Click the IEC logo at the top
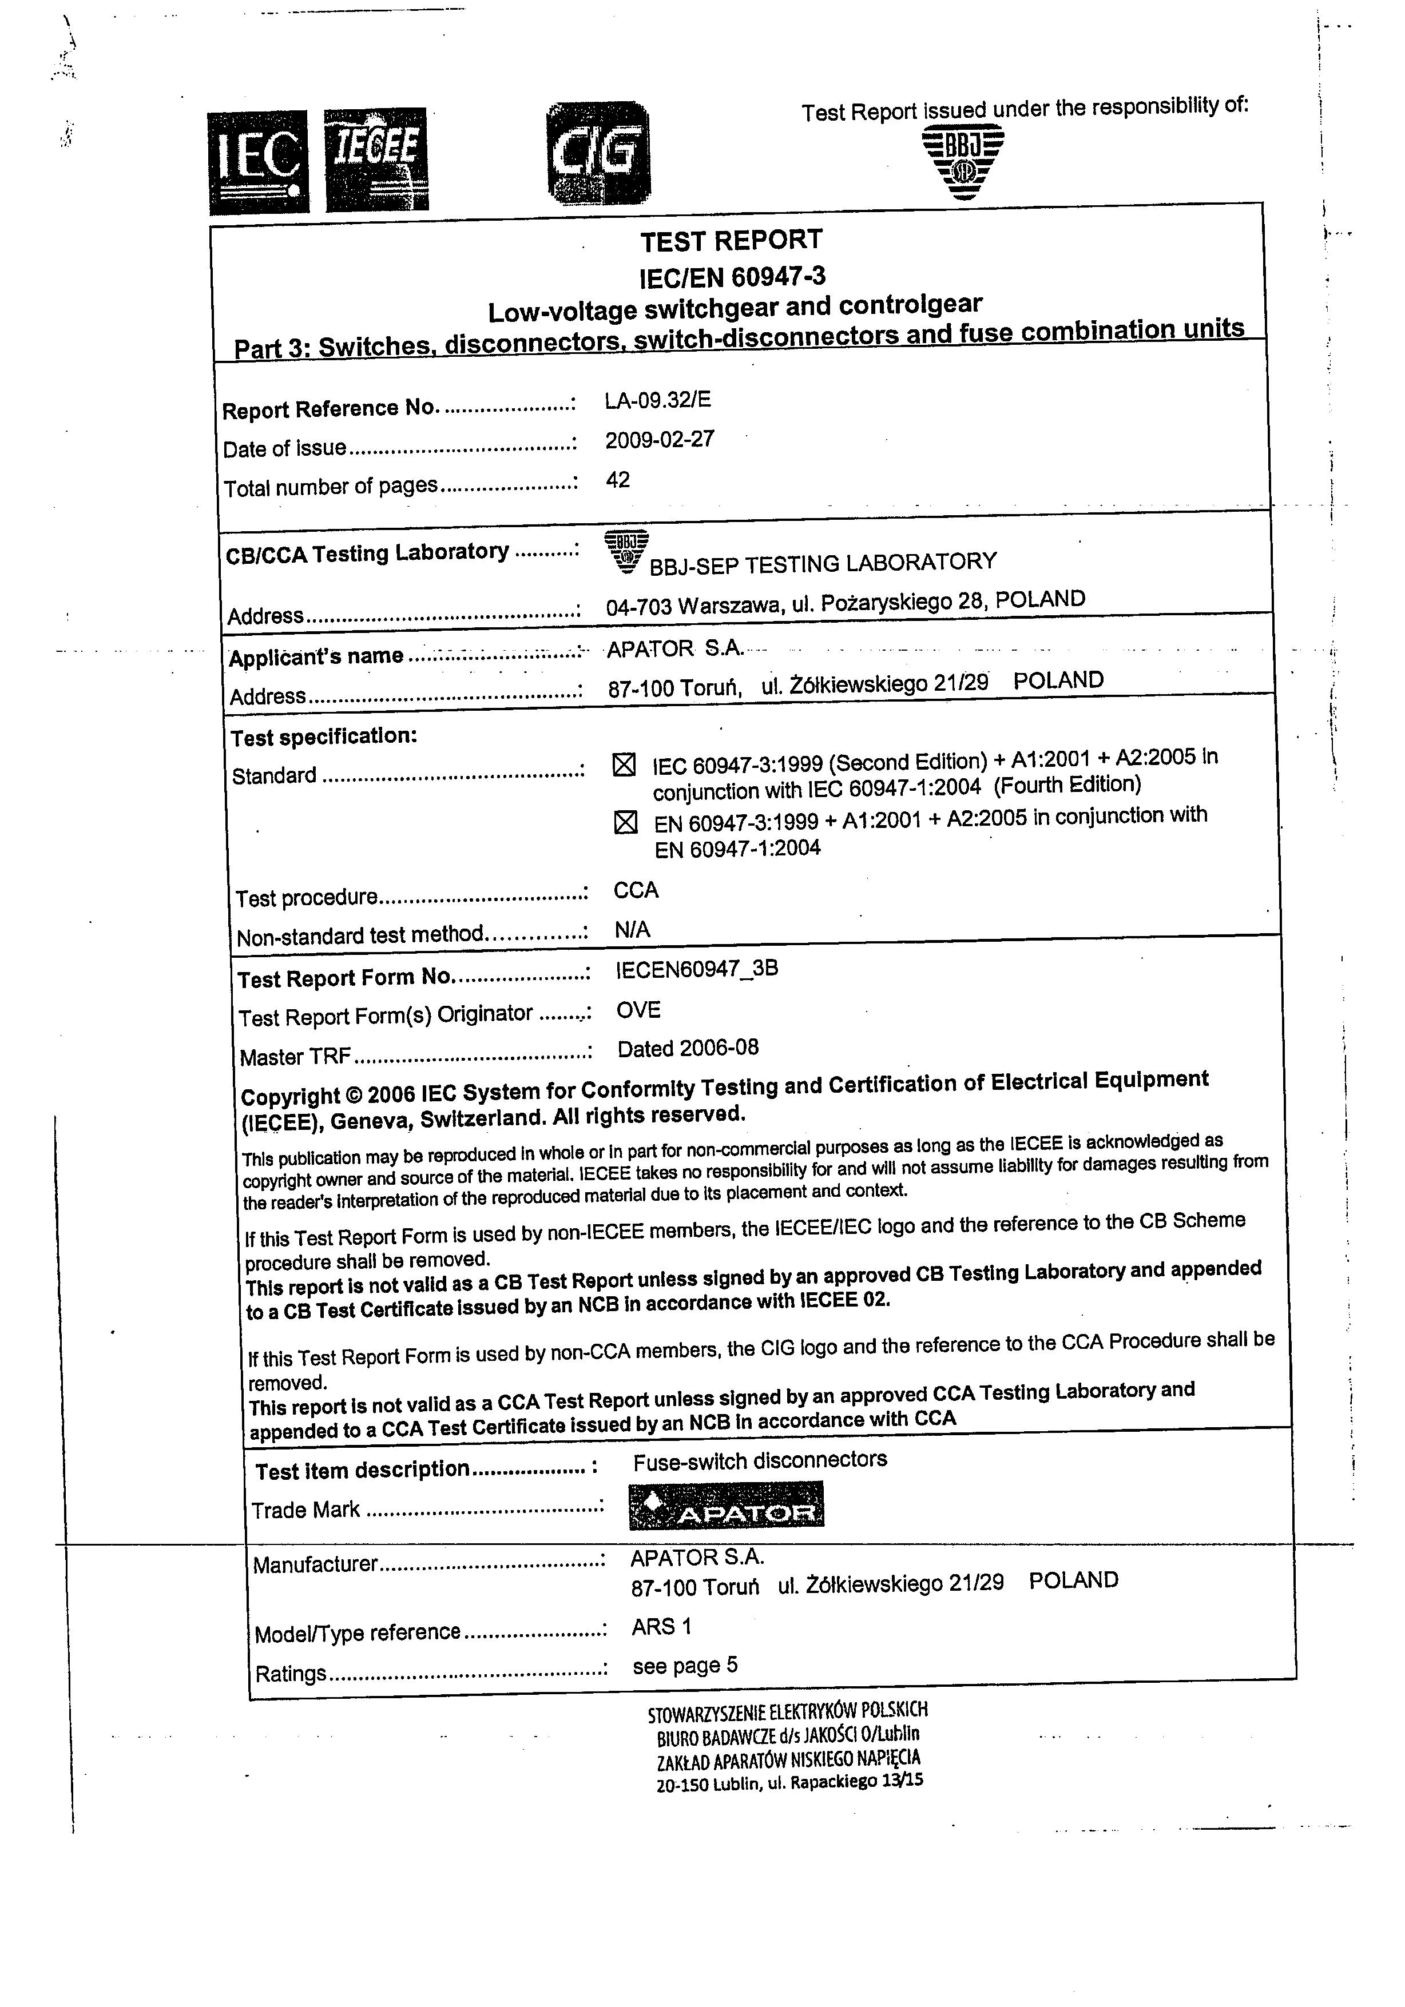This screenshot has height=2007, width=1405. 259,162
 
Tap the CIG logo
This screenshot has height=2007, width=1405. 598,153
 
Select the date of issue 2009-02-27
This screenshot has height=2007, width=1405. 659,440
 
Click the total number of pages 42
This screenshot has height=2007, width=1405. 617,480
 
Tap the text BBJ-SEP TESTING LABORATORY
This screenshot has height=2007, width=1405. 822,564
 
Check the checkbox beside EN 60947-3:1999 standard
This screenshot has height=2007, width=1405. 625,823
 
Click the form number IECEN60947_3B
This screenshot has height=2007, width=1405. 697,969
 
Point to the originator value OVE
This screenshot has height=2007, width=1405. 638,1010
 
